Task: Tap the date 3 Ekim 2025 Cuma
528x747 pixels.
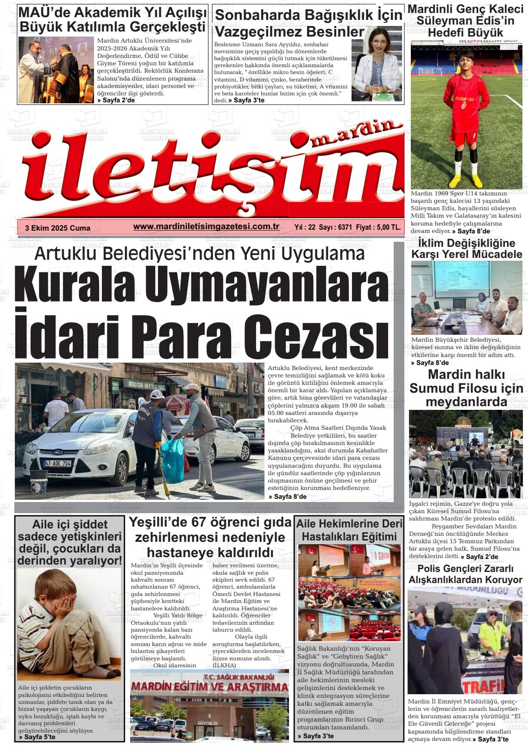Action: pyautogui.click(x=58, y=228)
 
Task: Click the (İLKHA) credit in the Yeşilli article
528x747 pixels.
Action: pyautogui.click(x=224, y=665)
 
